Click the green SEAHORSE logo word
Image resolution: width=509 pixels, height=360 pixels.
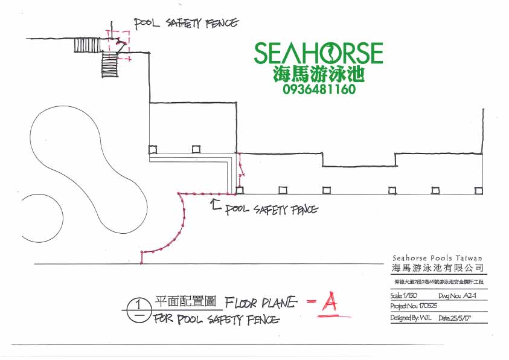(x=318, y=53)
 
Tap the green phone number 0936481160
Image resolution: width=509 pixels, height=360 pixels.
(x=318, y=89)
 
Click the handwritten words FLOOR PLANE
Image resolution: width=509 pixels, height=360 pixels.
(x=261, y=301)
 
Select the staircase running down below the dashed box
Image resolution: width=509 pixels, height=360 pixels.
(x=109, y=63)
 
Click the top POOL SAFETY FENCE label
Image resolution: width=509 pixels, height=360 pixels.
(x=186, y=24)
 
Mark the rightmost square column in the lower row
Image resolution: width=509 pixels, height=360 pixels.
(x=478, y=190)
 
